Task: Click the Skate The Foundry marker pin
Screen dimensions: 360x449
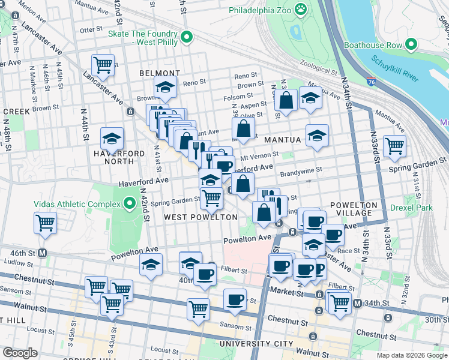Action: tap(186, 38)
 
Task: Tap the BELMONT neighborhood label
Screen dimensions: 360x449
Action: tap(160, 73)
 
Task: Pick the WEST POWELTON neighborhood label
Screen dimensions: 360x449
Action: tap(200, 217)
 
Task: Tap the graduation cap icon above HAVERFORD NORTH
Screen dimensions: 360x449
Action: tap(112, 139)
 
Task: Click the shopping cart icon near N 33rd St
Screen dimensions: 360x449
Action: tap(394, 145)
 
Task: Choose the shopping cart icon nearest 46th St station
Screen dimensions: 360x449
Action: tap(46, 222)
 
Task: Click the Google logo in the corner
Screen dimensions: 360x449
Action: tap(20, 353)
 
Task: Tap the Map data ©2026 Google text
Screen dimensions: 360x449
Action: tap(411, 355)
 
